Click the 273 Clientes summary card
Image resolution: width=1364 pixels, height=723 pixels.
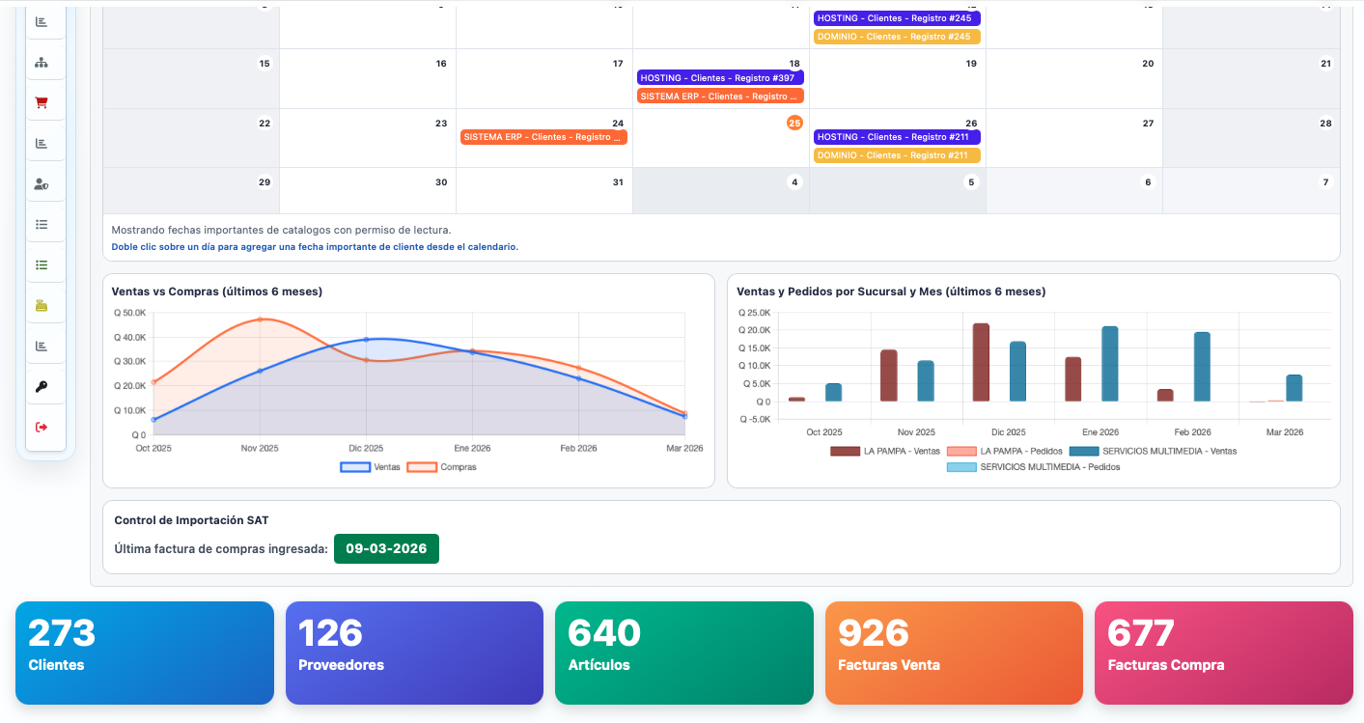point(145,653)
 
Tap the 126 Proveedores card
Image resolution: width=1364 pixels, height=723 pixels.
point(414,653)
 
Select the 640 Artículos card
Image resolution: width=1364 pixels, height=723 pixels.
point(683,653)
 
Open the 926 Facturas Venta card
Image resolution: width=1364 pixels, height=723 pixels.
point(954,653)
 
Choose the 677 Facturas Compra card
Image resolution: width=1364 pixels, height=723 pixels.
point(1223,653)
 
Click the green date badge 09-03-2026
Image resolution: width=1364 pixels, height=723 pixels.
point(386,548)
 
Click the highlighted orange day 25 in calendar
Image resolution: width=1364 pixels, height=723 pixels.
point(794,123)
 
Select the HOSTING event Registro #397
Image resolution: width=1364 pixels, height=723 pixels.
point(720,77)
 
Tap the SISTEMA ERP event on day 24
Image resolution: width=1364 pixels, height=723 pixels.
point(543,137)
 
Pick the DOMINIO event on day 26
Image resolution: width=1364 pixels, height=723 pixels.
point(897,155)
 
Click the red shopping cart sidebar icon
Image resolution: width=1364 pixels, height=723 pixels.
point(42,102)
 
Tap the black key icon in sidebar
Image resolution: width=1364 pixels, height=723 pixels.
point(42,386)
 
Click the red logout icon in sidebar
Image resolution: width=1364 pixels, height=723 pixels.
point(42,427)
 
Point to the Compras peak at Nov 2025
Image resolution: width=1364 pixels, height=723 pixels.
point(260,320)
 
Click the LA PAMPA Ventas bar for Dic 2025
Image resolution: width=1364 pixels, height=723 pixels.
point(981,363)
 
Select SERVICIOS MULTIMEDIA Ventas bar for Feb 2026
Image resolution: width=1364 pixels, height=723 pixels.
point(1202,367)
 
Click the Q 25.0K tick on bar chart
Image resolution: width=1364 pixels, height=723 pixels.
point(754,313)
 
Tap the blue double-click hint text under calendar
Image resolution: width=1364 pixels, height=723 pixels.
point(315,247)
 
